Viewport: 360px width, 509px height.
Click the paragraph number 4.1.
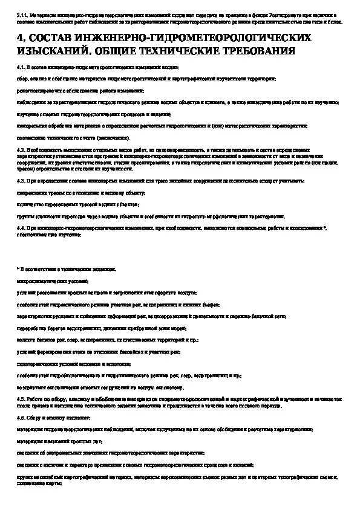point(21,68)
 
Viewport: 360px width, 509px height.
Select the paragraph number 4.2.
point(21,149)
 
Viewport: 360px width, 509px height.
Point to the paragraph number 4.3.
point(21,181)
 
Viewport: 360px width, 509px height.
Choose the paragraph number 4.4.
point(21,227)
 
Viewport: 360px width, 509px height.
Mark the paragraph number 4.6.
point(21,418)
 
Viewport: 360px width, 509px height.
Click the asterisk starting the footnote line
point(18,268)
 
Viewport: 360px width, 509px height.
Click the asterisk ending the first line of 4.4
point(325,227)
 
